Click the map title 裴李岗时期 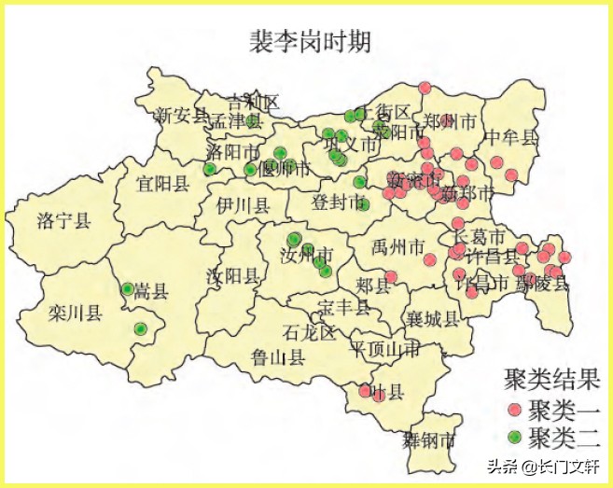(x=309, y=43)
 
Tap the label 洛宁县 (x=63, y=221)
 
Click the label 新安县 (x=179, y=115)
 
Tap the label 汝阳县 (x=232, y=275)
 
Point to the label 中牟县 (x=511, y=138)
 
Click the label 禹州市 (x=397, y=248)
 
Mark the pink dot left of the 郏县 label (x=391, y=277)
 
